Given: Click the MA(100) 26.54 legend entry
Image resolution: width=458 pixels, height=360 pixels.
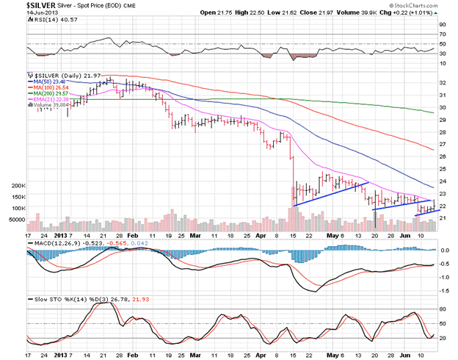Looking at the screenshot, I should point(50,87).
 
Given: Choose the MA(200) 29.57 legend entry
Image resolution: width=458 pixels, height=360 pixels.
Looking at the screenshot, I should point(50,93).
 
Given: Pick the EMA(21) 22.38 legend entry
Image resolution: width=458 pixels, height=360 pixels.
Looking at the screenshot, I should point(50,99).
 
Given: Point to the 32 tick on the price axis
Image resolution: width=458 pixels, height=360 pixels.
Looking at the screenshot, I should point(443,83).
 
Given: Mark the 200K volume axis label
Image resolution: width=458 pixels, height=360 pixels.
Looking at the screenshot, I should point(14,187).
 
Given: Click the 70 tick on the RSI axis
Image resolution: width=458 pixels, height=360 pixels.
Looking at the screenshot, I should point(443,34).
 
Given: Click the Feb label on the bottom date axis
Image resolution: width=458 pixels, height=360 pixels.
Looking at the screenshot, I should point(133,237).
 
